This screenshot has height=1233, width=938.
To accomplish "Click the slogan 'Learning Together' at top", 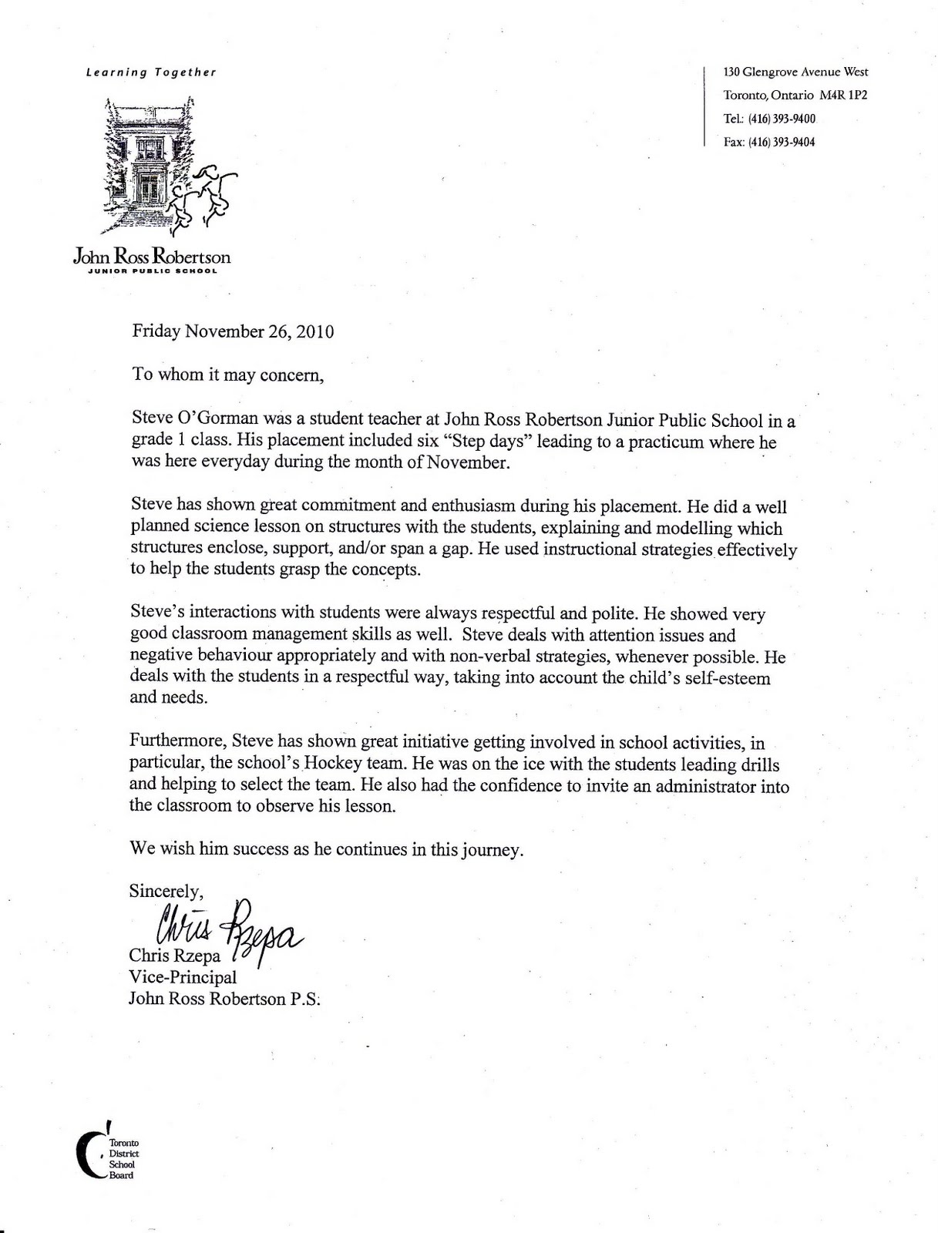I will tap(151, 72).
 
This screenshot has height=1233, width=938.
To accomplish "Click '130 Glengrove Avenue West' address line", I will tap(795, 72).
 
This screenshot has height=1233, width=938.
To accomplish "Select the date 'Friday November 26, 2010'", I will tap(233, 332).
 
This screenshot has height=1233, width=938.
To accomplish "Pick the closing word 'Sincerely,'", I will tap(166, 892).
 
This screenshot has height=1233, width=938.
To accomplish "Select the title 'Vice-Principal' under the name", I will tap(183, 978).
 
